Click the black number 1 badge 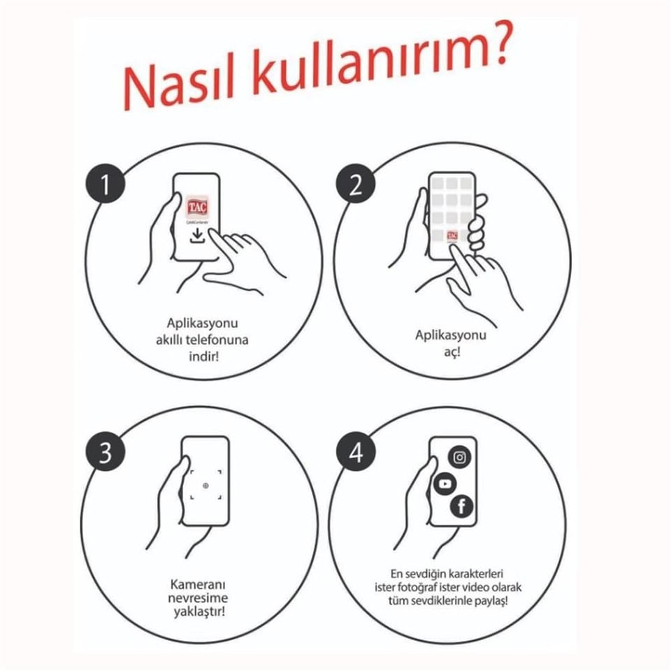(106, 185)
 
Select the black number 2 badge (355, 185)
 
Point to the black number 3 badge (106, 452)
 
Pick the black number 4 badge (356, 452)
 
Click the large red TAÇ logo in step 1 (197, 208)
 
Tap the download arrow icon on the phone (197, 236)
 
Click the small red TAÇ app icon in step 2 (452, 236)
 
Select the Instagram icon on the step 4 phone (460, 457)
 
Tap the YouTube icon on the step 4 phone (445, 484)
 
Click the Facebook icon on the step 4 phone (462, 507)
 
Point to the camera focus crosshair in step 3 (205, 485)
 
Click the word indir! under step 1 (203, 356)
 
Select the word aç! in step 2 (452, 352)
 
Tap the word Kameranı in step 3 (199, 584)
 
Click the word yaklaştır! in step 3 (199, 611)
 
